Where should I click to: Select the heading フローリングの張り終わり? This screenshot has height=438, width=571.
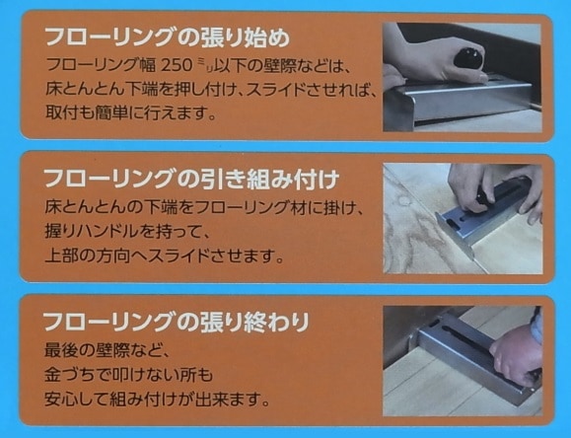point(178,322)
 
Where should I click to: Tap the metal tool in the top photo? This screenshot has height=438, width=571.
point(464,99)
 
